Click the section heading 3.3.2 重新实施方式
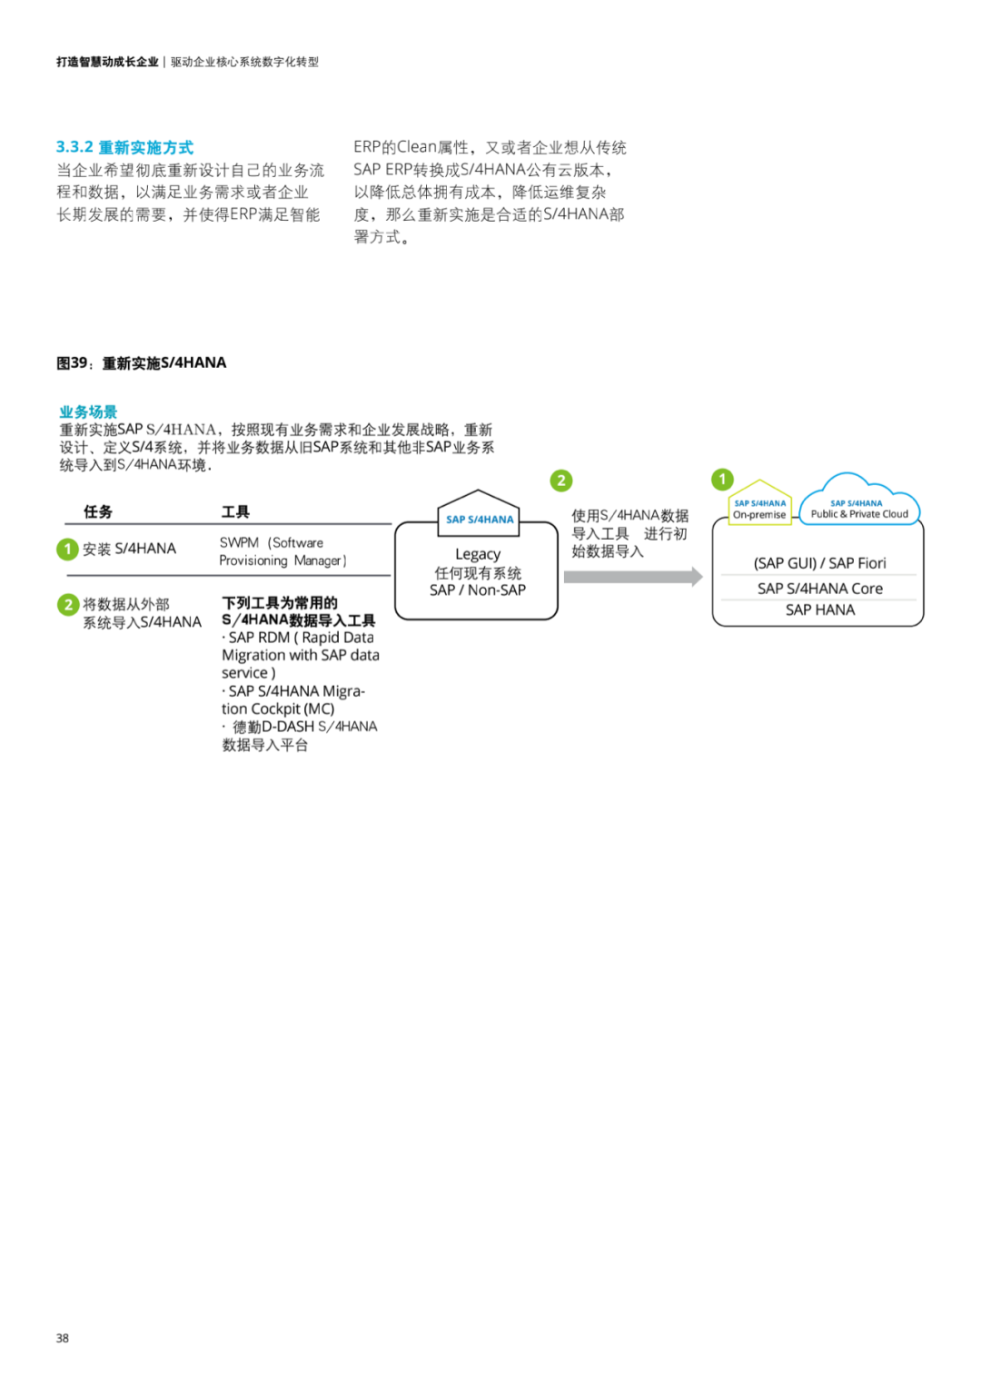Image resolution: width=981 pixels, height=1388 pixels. [x=124, y=147]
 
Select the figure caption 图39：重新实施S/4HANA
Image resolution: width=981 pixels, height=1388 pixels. [x=141, y=363]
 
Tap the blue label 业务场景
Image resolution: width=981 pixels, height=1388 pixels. [x=88, y=411]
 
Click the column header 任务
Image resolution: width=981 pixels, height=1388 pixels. [x=97, y=511]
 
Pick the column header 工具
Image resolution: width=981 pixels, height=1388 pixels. [x=235, y=511]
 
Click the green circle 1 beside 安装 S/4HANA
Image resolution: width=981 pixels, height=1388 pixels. [x=67, y=549]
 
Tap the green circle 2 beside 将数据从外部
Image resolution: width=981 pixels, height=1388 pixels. [x=68, y=604]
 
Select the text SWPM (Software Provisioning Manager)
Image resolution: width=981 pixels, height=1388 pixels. [x=282, y=551]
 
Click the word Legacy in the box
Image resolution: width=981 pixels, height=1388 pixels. [x=478, y=554]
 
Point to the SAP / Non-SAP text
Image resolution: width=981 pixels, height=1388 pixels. [x=478, y=590]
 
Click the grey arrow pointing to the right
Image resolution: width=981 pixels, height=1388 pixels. [x=632, y=577]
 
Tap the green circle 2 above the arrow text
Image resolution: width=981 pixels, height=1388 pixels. [x=561, y=481]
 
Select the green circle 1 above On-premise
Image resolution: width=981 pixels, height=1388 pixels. [x=722, y=479]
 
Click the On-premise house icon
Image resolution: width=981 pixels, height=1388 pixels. [x=759, y=504]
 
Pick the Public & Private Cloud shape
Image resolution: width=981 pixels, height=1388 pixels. [x=858, y=504]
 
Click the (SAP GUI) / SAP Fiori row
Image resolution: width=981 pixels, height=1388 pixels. [x=819, y=563]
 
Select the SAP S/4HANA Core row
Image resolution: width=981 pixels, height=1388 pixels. [x=819, y=589]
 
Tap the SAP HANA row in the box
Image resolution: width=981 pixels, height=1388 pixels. [x=819, y=610]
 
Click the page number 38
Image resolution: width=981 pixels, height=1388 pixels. [x=63, y=1338]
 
